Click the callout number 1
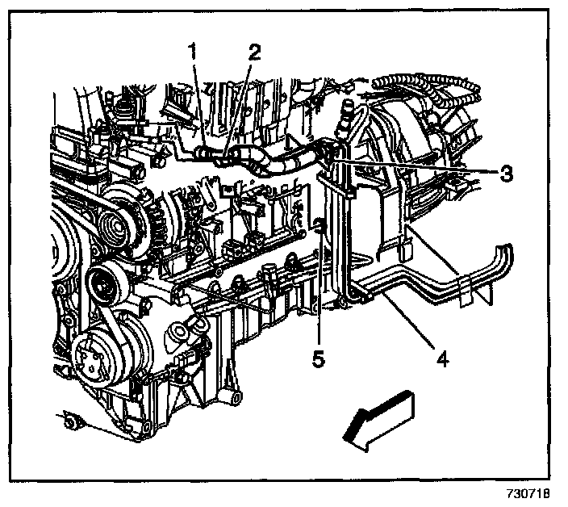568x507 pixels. point(192,52)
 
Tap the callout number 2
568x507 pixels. point(255,52)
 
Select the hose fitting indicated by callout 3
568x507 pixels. point(328,150)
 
